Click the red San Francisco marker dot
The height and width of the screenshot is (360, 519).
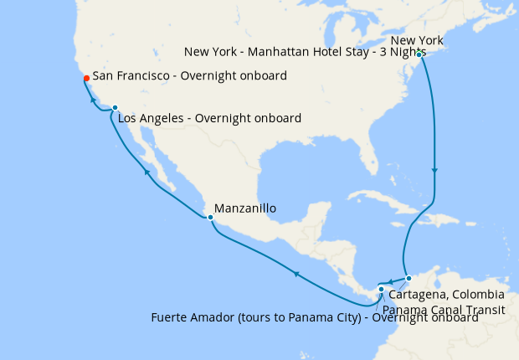[x=86, y=79]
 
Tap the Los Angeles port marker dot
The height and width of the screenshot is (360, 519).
[x=115, y=108]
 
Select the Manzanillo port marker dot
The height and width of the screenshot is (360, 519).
[x=210, y=218]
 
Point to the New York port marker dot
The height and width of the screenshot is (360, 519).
[x=419, y=55]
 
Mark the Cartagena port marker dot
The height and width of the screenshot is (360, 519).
[x=409, y=278]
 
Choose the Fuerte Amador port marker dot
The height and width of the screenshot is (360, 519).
[x=381, y=290]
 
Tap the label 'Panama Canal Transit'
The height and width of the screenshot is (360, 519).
[x=450, y=311]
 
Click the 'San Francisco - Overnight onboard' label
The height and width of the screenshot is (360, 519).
[x=191, y=76]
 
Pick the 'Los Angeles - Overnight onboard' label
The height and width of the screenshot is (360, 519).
[x=209, y=118]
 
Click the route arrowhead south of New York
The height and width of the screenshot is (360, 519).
[x=434, y=172]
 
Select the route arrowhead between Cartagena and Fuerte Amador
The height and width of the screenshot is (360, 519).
[x=390, y=280]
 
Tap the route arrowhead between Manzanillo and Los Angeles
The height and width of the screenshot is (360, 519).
[x=147, y=172]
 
